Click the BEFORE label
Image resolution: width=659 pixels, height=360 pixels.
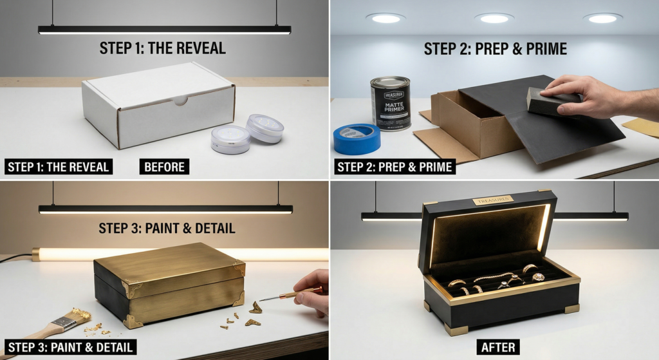coord(164,167)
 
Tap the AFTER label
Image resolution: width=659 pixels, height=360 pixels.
coord(498,348)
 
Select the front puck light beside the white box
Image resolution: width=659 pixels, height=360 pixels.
coord(230,140)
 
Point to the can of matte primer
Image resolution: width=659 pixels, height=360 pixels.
coord(390,103)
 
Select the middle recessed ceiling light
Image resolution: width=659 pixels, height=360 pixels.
coord(494,18)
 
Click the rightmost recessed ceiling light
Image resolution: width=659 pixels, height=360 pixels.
coord(602,18)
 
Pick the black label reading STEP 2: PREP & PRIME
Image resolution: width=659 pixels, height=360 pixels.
coord(395,167)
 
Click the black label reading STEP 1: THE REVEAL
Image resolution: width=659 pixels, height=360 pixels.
coord(58,167)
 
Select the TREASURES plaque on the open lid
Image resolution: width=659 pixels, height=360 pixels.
coord(493,200)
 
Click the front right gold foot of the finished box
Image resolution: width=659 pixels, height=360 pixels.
coord(571,308)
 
